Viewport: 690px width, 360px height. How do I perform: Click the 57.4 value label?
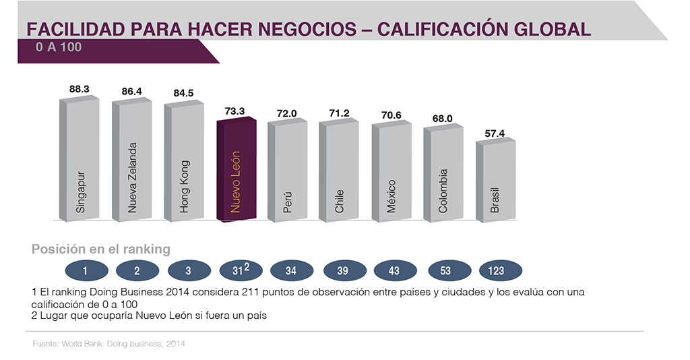pyautogui.click(x=495, y=133)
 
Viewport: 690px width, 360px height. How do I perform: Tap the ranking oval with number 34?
pyautogui.click(x=291, y=271)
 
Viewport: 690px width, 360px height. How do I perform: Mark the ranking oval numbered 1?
pyautogui.click(x=86, y=271)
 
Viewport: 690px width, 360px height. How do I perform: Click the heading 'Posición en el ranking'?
pyautogui.click(x=101, y=249)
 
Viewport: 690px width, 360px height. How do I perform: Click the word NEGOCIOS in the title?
pyautogui.click(x=309, y=30)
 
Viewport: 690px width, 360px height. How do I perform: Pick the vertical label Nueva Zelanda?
pyautogui.click(x=133, y=177)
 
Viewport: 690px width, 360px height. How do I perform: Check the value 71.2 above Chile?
pyautogui.click(x=339, y=113)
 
